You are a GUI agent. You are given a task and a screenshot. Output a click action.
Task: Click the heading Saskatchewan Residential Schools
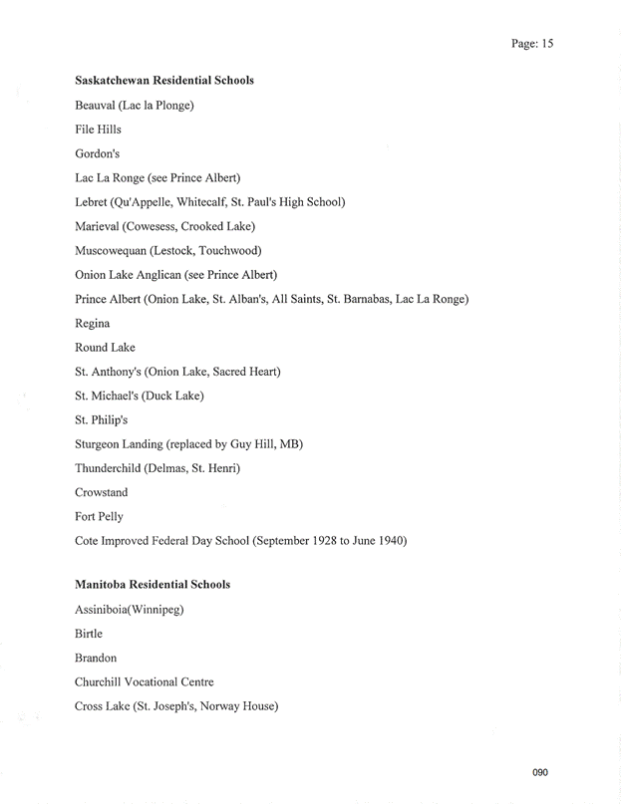tap(163, 81)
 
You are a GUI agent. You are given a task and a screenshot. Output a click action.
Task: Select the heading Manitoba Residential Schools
tap(152, 585)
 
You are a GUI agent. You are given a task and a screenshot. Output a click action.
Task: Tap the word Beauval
tap(95, 106)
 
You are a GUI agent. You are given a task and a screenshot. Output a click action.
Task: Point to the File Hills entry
tap(98, 130)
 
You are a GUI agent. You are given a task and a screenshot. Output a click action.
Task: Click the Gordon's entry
tap(97, 153)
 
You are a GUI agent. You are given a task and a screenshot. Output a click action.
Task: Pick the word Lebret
tap(93, 202)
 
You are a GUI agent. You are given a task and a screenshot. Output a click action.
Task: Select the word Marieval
tap(99, 226)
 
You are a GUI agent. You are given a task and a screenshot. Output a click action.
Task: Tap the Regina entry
tap(92, 324)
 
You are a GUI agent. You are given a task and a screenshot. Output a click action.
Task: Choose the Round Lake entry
tap(105, 348)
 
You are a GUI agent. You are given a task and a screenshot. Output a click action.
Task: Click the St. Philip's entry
tap(101, 420)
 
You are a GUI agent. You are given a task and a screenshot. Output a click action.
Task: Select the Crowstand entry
tap(101, 493)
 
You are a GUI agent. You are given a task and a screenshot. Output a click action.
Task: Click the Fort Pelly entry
tap(99, 517)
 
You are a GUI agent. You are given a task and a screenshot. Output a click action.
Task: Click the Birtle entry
tap(89, 634)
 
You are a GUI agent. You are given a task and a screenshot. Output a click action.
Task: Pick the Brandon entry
tap(96, 659)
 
